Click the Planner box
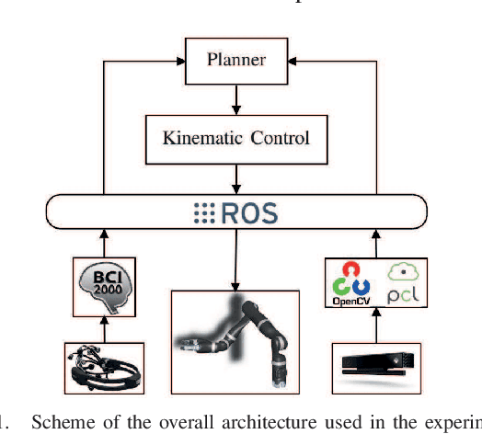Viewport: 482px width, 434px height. pyautogui.click(x=236, y=61)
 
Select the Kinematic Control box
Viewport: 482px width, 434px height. pyautogui.click(x=236, y=139)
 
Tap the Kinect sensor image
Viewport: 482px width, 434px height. pyautogui.click(x=375, y=366)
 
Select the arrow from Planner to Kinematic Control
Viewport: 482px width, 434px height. pyautogui.click(x=236, y=97)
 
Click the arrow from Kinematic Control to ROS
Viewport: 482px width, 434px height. pyautogui.click(x=236, y=177)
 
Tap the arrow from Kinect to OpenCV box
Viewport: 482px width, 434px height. pyautogui.click(x=374, y=327)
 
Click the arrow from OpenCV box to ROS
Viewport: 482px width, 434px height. pyautogui.click(x=374, y=244)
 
